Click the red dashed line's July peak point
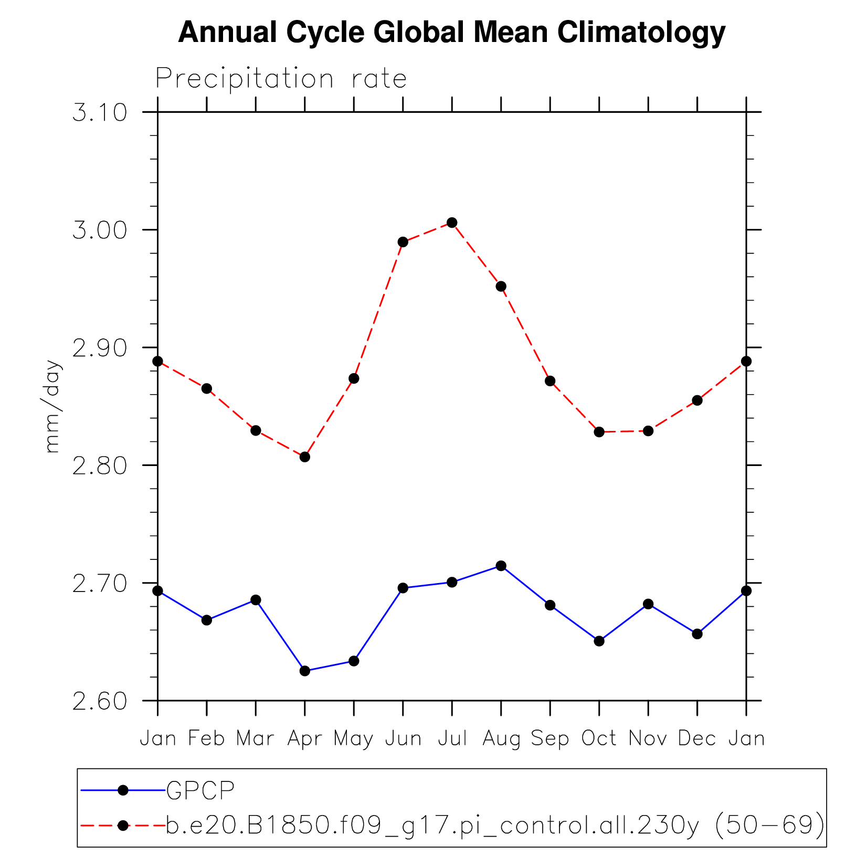pyautogui.click(x=452, y=223)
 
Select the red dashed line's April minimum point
pyautogui.click(x=305, y=457)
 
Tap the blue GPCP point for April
pyautogui.click(x=305, y=671)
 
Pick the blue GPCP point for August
pyautogui.click(x=501, y=566)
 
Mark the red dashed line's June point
pyautogui.click(x=403, y=242)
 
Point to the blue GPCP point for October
pyautogui.click(x=599, y=641)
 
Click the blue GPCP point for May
pyautogui.click(x=354, y=661)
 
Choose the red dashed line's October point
pyautogui.click(x=599, y=432)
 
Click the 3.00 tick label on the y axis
pyautogui.click(x=100, y=230)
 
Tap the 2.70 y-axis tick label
pyautogui.click(x=100, y=584)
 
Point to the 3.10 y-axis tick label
pyautogui.click(x=100, y=113)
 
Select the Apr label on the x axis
pyautogui.click(x=305, y=739)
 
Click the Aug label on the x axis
pyautogui.click(x=501, y=739)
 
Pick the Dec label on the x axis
pyautogui.click(x=697, y=739)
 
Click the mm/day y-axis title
pyautogui.click(x=52, y=406)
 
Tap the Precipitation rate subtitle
pyautogui.click(x=281, y=79)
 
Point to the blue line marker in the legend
pyautogui.click(x=123, y=790)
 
